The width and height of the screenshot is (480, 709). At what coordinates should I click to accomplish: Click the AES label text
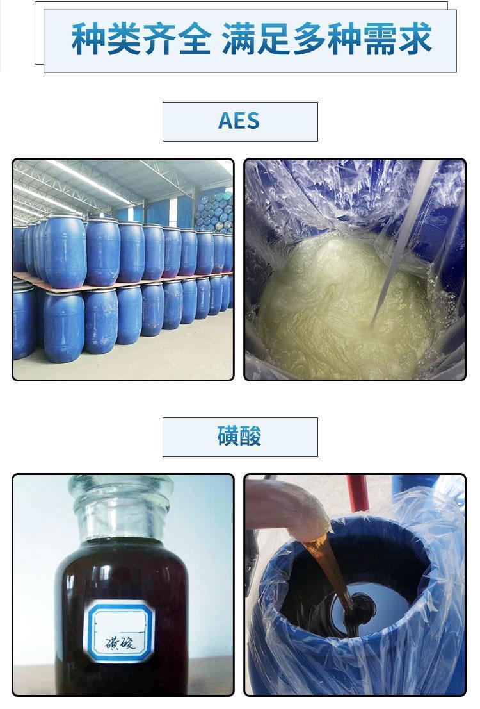coord(239,121)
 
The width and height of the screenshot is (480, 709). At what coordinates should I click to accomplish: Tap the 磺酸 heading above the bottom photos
coord(239,436)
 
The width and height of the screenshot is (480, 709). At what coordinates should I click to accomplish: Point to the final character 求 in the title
coord(415,39)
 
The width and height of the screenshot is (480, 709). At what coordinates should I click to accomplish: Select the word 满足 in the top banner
coord(255,39)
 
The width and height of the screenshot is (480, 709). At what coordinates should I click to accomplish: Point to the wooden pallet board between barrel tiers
coord(122,283)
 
